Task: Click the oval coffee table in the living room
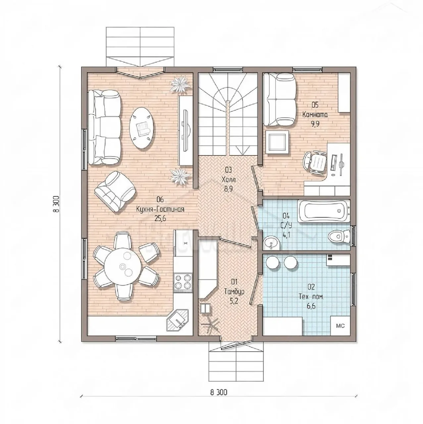click(141, 128)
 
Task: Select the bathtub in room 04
click(324, 211)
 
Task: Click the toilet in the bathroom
click(339, 237)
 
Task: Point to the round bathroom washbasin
click(271, 243)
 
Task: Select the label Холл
click(229, 179)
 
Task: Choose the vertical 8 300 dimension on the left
click(56, 204)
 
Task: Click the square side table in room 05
click(277, 142)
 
